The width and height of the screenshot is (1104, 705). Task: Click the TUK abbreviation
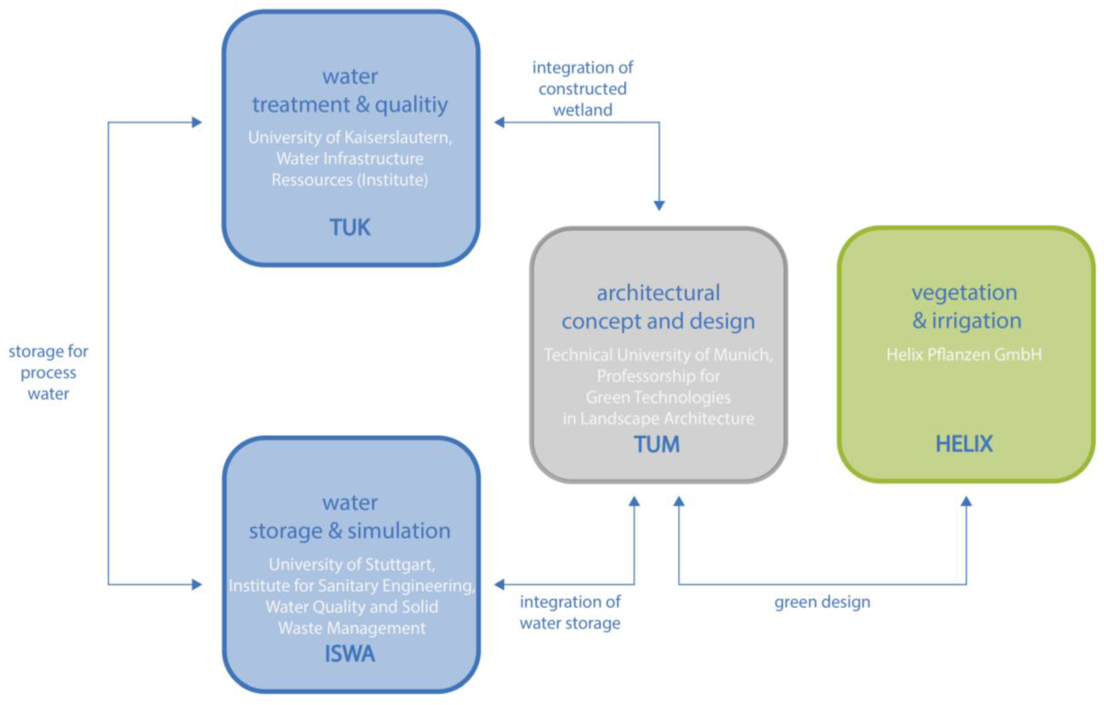click(350, 227)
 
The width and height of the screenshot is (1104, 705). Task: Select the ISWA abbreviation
click(350, 654)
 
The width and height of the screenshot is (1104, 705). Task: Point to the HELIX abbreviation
click(964, 444)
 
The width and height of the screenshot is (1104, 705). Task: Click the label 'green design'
click(822, 602)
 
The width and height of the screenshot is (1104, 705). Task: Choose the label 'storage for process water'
click(48, 372)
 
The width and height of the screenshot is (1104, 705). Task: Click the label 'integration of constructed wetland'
click(582, 89)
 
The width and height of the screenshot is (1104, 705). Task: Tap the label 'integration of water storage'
click(570, 612)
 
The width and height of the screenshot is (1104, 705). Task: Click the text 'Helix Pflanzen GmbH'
click(964, 354)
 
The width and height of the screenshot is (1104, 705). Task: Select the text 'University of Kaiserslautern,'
click(350, 138)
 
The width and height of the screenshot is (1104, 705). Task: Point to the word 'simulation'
click(399, 531)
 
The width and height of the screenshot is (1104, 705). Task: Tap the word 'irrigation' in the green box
click(977, 320)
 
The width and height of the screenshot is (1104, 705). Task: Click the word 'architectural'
click(658, 293)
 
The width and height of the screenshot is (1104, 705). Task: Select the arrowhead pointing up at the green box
click(966, 502)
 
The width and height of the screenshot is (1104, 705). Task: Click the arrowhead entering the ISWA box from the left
click(197, 584)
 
